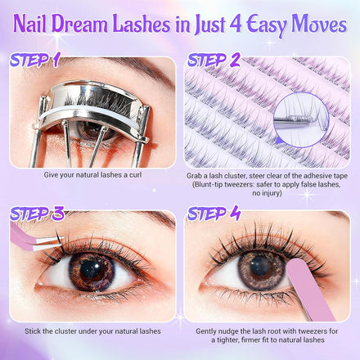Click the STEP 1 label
click(x=34, y=60)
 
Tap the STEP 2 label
click(x=214, y=60)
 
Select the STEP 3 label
click(x=37, y=214)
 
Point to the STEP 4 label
click(x=214, y=214)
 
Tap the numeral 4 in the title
click(x=236, y=24)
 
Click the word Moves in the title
click(x=319, y=24)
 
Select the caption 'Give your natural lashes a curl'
click(x=92, y=175)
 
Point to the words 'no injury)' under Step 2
click(x=267, y=193)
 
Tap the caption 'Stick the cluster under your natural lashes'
click(x=92, y=331)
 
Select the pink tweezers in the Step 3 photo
click(x=33, y=239)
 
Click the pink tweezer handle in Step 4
click(x=311, y=290)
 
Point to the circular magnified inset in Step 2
click(x=301, y=120)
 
